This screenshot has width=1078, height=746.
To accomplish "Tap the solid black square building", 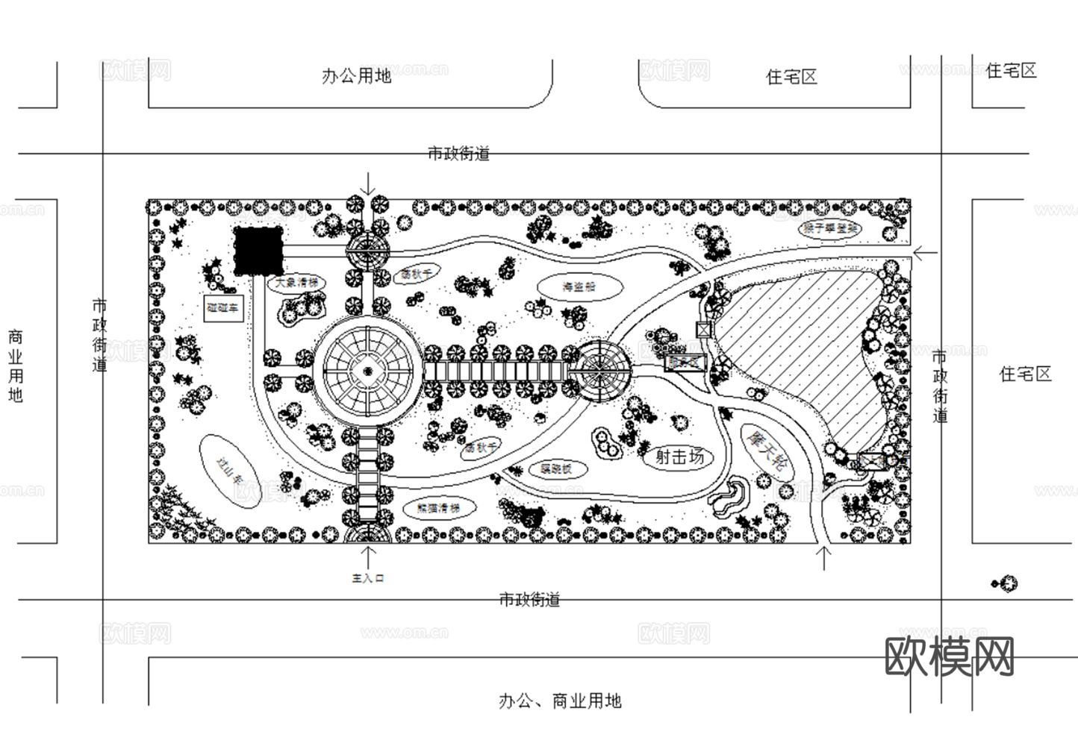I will coord(258,251).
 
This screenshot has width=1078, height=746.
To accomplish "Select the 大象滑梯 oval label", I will coord(296,283).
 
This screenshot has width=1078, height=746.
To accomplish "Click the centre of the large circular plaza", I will coord(367,371).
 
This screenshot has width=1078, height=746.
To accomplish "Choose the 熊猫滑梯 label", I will coord(438,509).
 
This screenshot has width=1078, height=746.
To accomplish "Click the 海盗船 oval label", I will coord(579,286).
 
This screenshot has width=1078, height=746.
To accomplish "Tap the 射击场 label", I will coord(679,457).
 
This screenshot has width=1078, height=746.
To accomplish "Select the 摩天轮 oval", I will coord(767,450).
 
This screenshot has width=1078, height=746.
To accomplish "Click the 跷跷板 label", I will coord(556,469).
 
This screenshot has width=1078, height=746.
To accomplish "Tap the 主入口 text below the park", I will coord(367,578).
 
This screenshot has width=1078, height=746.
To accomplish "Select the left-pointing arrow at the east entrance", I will coord(925,254).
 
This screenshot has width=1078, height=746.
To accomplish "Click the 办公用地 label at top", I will coord(356,76).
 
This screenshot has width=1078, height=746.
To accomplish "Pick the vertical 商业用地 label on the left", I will coord(15,366).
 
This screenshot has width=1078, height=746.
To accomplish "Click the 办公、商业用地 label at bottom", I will coord(560,701).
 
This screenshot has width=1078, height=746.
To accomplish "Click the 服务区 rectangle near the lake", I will coord(685,363).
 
